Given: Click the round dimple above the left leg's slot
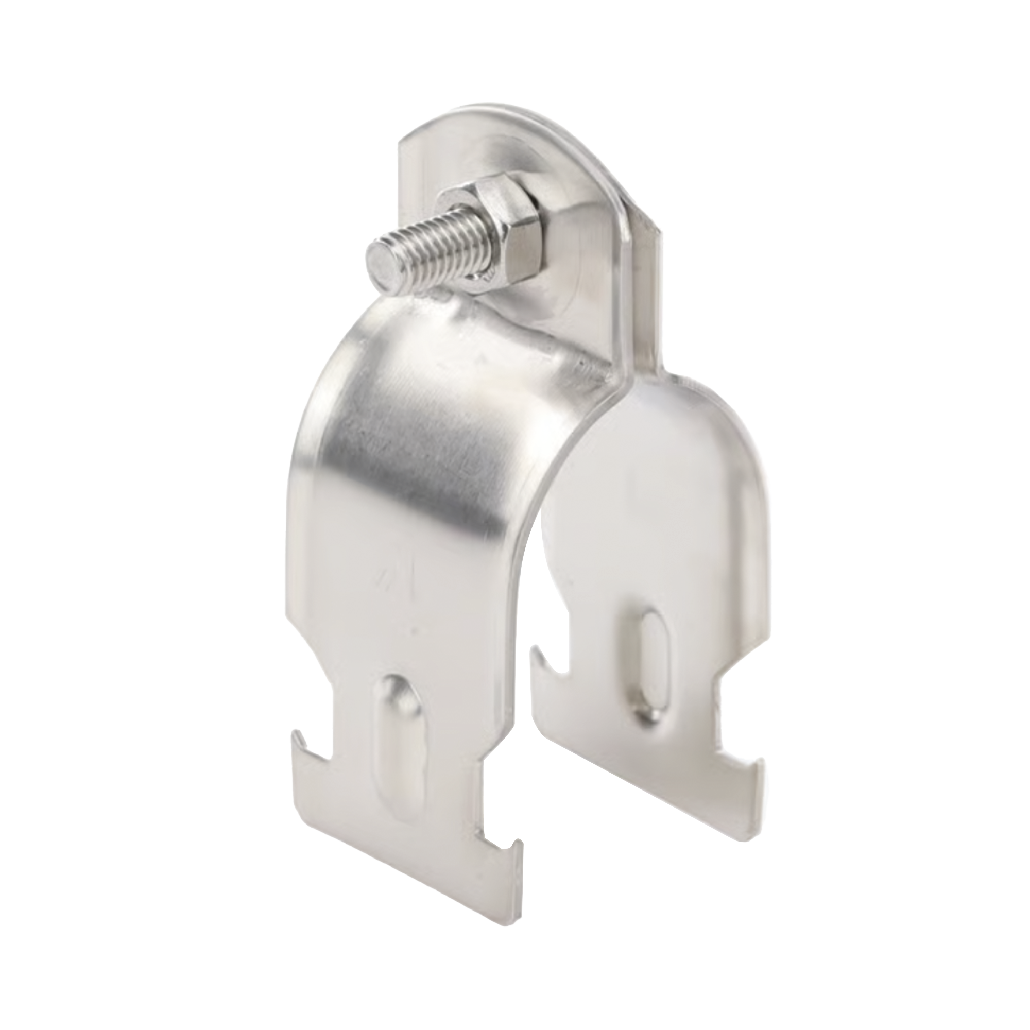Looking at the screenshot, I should click(x=397, y=689).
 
